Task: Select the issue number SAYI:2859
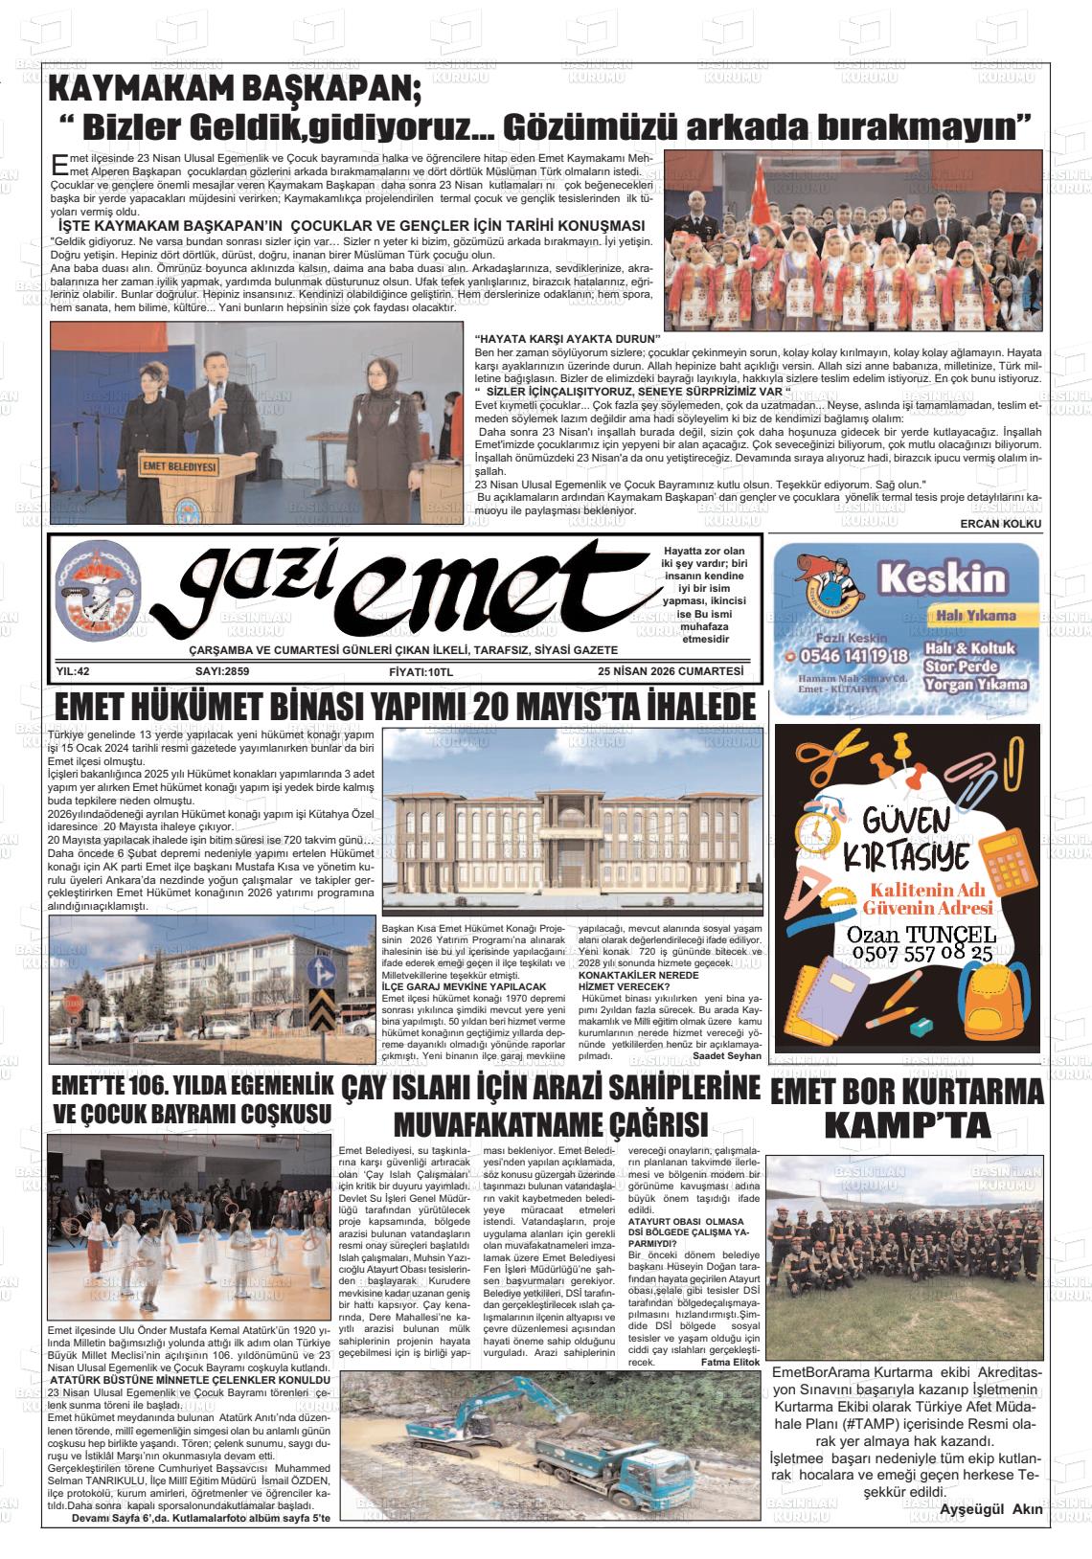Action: click(221, 671)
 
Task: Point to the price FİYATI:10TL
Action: click(421, 672)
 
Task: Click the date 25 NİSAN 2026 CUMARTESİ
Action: click(670, 671)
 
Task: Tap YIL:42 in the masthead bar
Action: click(73, 671)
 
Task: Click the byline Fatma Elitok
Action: click(729, 1362)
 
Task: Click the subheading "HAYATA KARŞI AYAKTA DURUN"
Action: click(568, 339)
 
